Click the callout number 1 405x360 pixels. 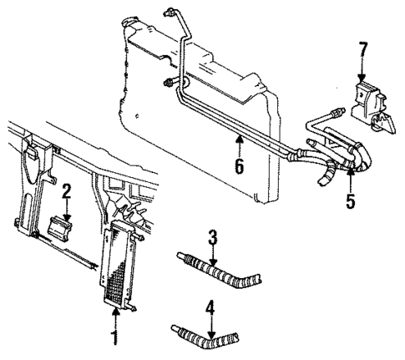click(114, 340)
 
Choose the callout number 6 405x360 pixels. click(239, 165)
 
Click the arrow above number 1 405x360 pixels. click(114, 322)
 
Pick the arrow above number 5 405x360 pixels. click(351, 181)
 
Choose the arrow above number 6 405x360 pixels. click(239, 145)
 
